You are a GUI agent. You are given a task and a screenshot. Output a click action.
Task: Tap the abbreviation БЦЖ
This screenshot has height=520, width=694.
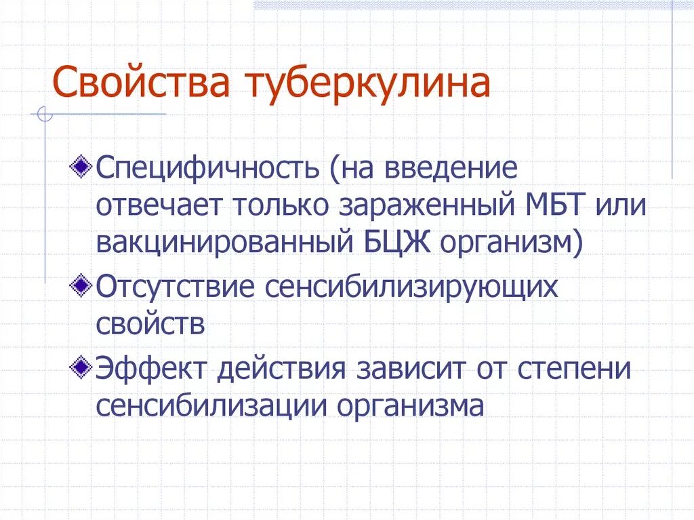[394, 241]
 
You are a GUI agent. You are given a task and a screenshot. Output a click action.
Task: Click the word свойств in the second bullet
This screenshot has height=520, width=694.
[150, 323]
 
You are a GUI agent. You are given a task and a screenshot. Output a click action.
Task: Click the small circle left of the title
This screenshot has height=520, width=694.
[45, 115]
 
